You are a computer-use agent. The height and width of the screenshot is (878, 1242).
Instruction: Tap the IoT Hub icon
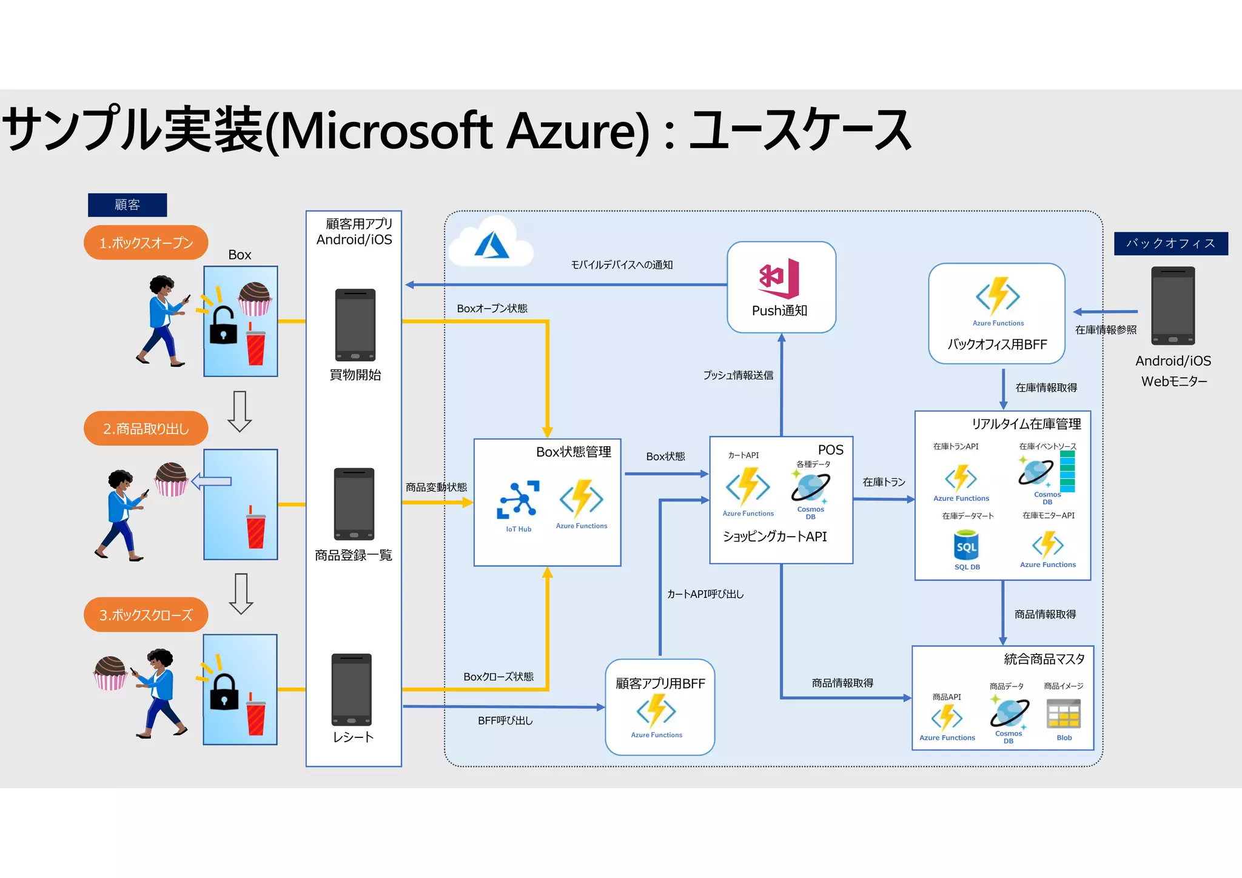pyautogui.click(x=518, y=501)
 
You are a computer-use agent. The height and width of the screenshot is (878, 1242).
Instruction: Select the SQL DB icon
pyautogui.click(x=966, y=545)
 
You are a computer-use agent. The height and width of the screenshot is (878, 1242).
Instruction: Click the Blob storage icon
pyautogui.click(x=1064, y=714)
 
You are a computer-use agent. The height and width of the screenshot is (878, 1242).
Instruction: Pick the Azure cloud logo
pyautogui.click(x=491, y=246)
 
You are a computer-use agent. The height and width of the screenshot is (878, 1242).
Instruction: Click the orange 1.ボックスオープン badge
pyautogui.click(x=146, y=243)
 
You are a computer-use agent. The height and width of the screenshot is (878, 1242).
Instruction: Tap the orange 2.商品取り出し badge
pyautogui.click(x=146, y=429)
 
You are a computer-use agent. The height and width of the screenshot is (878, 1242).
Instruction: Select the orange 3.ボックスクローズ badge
pyautogui.click(x=146, y=615)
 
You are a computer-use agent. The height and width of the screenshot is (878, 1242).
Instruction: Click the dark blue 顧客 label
pyautogui.click(x=127, y=205)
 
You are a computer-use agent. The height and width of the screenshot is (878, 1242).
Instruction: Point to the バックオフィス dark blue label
pyautogui.click(x=1170, y=244)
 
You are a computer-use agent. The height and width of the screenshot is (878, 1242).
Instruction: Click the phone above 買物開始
pyautogui.click(x=355, y=325)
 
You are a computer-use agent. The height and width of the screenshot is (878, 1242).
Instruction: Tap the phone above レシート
pyautogui.click(x=352, y=689)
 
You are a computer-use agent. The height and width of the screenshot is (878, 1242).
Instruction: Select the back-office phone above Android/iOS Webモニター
pyautogui.click(x=1173, y=306)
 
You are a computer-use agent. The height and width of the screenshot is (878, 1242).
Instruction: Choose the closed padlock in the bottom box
pyautogui.click(x=224, y=692)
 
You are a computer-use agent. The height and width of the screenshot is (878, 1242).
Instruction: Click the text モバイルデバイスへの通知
pyautogui.click(x=622, y=265)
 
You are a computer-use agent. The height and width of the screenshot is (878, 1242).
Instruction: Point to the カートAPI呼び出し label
pyautogui.click(x=705, y=594)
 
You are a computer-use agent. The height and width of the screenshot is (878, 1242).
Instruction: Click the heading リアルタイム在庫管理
pyautogui.click(x=1026, y=424)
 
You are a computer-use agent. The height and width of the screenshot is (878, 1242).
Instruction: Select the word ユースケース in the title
pyautogui.click(x=801, y=130)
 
